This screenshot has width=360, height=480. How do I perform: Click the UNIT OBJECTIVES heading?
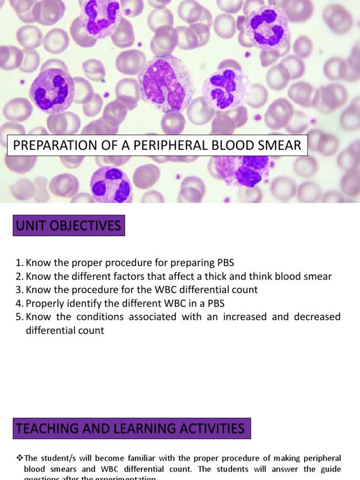click(68, 226)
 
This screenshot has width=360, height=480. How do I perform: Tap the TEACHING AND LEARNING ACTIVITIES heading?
click(130, 428)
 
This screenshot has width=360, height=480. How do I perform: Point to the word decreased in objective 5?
click(317, 317)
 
